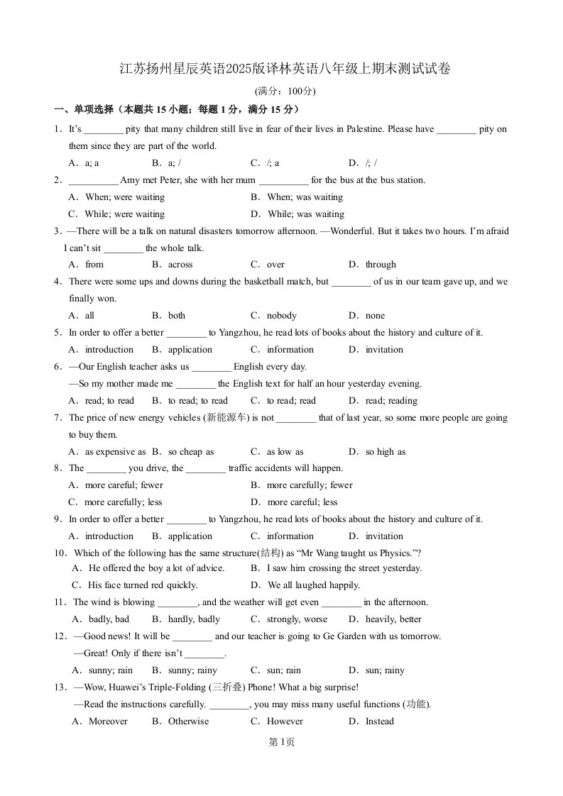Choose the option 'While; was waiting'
pos(306,214)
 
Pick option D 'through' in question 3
pos(381,265)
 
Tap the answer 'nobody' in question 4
pos(282,316)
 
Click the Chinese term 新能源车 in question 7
pos(226,418)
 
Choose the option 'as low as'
pos(285,452)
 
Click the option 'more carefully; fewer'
pos(310,485)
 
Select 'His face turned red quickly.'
pos(143,585)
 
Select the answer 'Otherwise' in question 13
pos(188,722)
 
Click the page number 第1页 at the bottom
pos(282,742)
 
